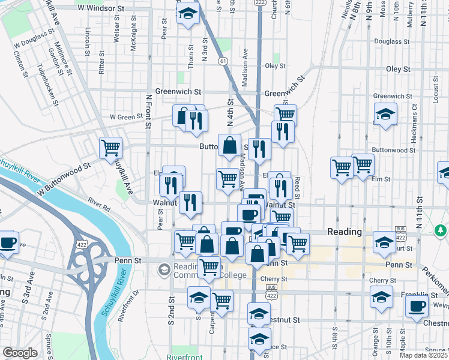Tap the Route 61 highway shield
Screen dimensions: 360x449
(223, 61)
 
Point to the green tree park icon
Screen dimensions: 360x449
(441, 230)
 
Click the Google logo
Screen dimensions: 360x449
(20, 353)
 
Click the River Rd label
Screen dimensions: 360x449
(98, 205)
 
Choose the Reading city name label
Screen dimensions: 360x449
(344, 232)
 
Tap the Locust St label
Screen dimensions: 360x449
(435, 89)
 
